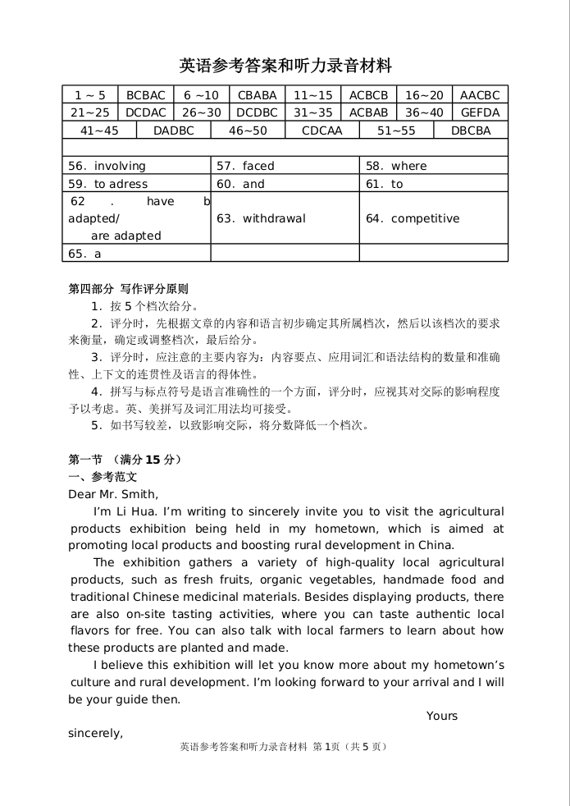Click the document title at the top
(285, 66)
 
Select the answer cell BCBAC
(145, 95)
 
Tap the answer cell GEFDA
(480, 112)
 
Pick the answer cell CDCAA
(321, 131)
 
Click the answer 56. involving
(107, 166)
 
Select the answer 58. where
(396, 166)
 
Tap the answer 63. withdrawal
(261, 218)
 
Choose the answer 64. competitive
(413, 218)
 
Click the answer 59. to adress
(108, 184)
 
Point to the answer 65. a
(85, 254)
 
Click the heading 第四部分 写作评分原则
(128, 289)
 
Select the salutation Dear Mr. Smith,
(113, 494)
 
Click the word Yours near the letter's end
(442, 716)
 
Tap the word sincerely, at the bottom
(95, 733)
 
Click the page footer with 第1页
(283, 746)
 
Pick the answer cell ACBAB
(368, 112)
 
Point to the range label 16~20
(424, 95)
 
